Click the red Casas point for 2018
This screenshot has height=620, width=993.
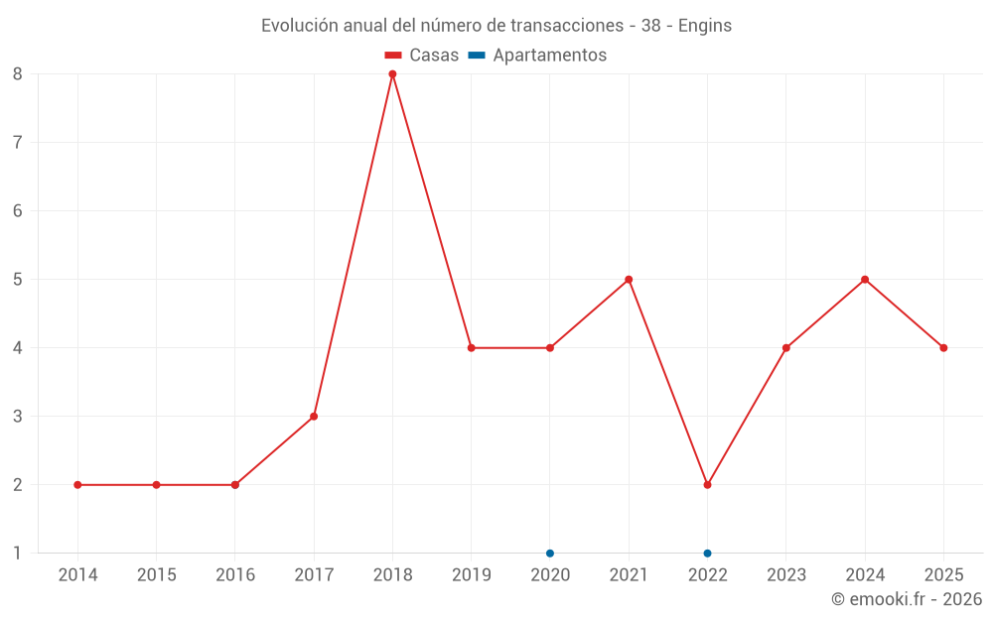pyautogui.click(x=392, y=74)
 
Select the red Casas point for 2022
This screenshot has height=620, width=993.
pyautogui.click(x=707, y=485)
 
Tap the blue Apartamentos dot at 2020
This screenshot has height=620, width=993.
pyautogui.click(x=550, y=553)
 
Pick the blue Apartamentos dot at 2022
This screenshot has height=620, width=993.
pyautogui.click(x=707, y=553)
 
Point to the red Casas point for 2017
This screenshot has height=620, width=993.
pyautogui.click(x=314, y=417)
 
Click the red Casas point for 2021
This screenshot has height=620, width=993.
pyautogui.click(x=629, y=279)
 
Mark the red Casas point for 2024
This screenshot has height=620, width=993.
pyautogui.click(x=865, y=279)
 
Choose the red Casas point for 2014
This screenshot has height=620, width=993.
pyautogui.click(x=77, y=485)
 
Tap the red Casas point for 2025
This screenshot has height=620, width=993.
pyautogui.click(x=943, y=348)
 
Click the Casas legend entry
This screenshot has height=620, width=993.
pyautogui.click(x=422, y=55)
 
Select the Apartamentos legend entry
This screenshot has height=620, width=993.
pyautogui.click(x=537, y=55)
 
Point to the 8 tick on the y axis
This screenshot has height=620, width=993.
pyautogui.click(x=17, y=74)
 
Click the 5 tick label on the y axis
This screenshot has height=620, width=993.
pyautogui.click(x=17, y=279)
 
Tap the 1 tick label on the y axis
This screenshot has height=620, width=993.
pyautogui.click(x=17, y=553)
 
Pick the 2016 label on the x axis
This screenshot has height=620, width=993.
pyautogui.click(x=235, y=574)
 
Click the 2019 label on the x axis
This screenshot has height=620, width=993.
pyautogui.click(x=471, y=574)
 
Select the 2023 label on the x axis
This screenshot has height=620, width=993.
pyautogui.click(x=785, y=574)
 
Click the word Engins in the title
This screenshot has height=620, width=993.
pyautogui.click(x=705, y=26)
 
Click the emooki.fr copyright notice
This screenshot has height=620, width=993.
pyautogui.click(x=907, y=598)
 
